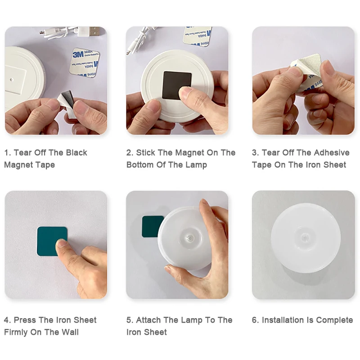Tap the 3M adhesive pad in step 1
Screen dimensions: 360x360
point(84,63)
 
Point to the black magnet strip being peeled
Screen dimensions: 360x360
point(67,98)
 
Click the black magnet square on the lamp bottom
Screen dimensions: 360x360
point(177,85)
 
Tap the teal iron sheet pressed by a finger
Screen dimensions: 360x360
point(52,241)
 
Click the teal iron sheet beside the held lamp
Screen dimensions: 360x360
point(152,227)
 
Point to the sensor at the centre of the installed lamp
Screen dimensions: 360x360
point(305,238)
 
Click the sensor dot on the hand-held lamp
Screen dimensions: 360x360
point(189,238)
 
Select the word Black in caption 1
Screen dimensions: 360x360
point(76,153)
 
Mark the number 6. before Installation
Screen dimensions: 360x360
point(255,320)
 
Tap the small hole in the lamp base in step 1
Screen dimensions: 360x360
point(12,80)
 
